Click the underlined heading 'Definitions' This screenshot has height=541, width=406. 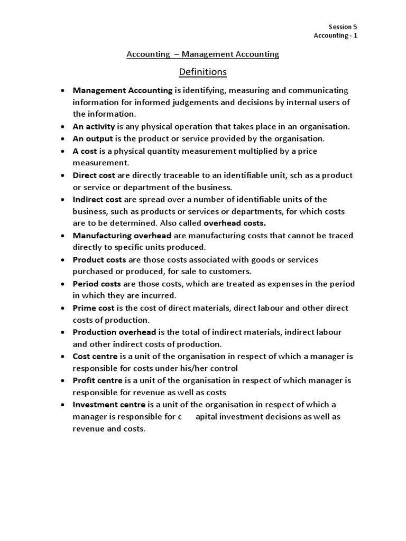[202, 71]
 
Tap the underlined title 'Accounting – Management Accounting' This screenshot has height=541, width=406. [202, 54]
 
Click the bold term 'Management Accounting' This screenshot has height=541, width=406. [123, 90]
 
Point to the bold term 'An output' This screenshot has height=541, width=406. [93, 138]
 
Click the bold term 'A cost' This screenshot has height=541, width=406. [85, 151]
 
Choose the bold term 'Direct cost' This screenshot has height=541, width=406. [94, 175]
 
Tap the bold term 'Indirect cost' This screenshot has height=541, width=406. [97, 199]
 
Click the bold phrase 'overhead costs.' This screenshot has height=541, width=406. [235, 223]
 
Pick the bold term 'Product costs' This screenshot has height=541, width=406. [99, 259]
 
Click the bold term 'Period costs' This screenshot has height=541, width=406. [97, 284]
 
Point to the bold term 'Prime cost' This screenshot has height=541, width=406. [94, 308]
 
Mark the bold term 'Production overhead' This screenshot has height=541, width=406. [114, 332]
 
